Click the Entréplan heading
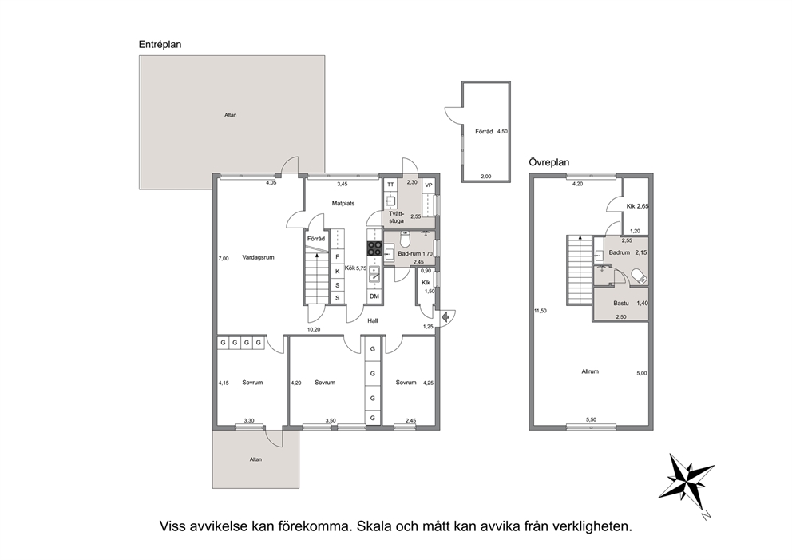(x=160, y=45)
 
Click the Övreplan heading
(x=549, y=162)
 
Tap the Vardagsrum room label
(x=258, y=257)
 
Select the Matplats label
(x=343, y=203)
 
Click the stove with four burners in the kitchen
(x=374, y=248)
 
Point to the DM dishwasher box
(x=374, y=296)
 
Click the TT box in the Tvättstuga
(x=390, y=185)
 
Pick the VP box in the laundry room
(x=429, y=185)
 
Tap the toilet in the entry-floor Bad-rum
(x=405, y=239)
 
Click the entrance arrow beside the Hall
(x=445, y=317)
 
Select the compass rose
(x=686, y=483)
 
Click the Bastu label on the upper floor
(x=621, y=304)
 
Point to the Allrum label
(x=590, y=371)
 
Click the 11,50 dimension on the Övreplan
(x=541, y=311)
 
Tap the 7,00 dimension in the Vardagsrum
(x=224, y=258)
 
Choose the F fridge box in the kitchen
(x=338, y=256)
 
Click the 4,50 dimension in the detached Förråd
(x=502, y=131)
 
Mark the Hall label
(x=373, y=320)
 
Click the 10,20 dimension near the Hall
(x=314, y=330)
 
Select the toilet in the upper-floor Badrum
(x=639, y=276)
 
